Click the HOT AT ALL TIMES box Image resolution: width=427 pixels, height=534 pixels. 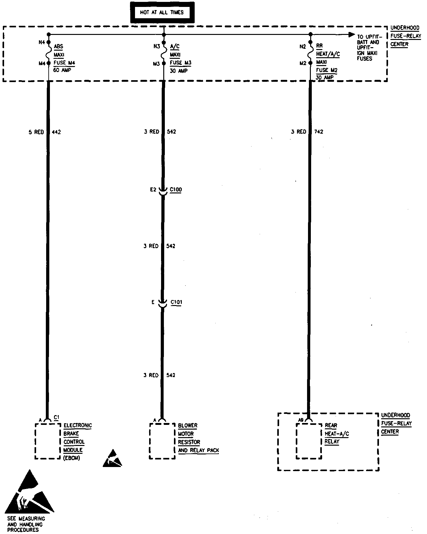[x=162, y=13]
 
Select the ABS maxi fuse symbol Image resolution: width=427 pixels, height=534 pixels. [x=49, y=53]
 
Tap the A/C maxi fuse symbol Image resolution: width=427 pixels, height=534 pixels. [x=164, y=53]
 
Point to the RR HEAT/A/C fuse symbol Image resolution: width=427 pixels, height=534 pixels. [x=311, y=53]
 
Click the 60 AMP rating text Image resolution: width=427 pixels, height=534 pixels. [x=62, y=70]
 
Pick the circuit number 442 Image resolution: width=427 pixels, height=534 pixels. [x=56, y=132]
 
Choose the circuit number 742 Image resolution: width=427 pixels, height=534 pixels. [x=318, y=132]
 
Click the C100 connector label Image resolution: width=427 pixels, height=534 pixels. [x=176, y=190]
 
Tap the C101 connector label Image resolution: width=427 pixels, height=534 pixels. [x=176, y=302]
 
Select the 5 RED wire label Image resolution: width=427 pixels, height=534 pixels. [x=36, y=132]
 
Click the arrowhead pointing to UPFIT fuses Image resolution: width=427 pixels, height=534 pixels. [x=352, y=35]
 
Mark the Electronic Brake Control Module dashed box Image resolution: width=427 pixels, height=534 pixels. [x=47, y=441]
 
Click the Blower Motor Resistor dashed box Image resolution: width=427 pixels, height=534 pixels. [x=162, y=441]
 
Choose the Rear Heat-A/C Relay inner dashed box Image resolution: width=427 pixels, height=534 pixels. [x=309, y=441]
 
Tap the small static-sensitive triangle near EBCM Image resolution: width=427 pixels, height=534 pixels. [x=112, y=459]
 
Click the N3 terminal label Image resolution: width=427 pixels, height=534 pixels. [x=157, y=47]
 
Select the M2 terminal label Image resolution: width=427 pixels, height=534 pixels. [x=303, y=63]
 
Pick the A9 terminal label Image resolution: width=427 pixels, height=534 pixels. [x=301, y=420]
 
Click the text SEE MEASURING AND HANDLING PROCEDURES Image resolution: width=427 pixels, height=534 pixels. [x=26, y=524]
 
